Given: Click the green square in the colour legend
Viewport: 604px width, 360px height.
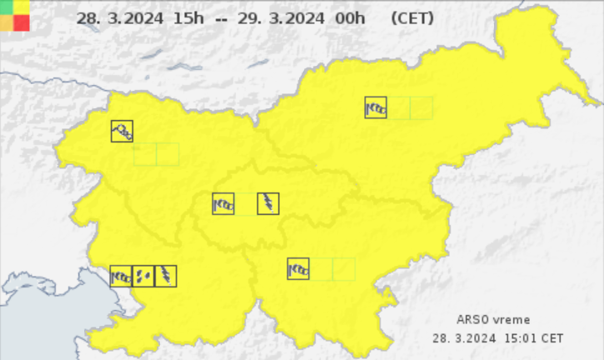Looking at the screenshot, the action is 7,7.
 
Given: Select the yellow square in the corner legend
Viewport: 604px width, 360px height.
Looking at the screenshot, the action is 21,7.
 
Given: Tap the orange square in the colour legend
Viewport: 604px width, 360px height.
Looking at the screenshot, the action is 7,22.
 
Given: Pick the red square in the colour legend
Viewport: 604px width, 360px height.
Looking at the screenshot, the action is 21,22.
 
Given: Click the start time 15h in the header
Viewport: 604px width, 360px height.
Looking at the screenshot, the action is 164,17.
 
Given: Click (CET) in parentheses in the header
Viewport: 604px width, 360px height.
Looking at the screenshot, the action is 411,17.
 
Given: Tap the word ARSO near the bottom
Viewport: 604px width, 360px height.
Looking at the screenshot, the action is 471,320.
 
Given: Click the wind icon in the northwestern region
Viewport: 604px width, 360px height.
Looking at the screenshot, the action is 122,131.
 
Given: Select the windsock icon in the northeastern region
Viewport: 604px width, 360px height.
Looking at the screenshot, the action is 376,107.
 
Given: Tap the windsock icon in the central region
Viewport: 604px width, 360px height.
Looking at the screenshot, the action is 223,203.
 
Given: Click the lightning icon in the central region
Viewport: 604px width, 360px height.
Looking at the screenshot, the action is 268,203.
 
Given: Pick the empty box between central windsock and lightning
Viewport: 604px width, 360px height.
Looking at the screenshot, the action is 246,203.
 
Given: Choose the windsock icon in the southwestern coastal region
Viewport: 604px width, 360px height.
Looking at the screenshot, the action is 121,276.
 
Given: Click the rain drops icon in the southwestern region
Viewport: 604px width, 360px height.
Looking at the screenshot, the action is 143,276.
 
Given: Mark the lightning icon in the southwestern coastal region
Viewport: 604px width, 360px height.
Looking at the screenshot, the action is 166,276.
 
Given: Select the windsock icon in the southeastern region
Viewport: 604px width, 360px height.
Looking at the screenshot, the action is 298,268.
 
